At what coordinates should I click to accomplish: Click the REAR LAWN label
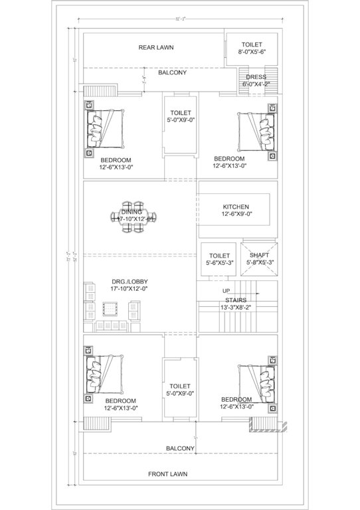pyautogui.click(x=156, y=47)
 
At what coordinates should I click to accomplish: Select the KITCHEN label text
pyautogui.click(x=236, y=207)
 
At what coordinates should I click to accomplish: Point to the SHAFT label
pyautogui.click(x=259, y=255)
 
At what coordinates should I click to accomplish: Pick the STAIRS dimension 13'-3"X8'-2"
pyautogui.click(x=236, y=307)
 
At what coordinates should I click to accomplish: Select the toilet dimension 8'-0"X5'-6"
pyautogui.click(x=251, y=50)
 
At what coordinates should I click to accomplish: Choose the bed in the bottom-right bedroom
pyautogui.click(x=258, y=384)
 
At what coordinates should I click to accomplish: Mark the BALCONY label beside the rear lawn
pyautogui.click(x=172, y=73)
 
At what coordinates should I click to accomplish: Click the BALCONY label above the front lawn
pyautogui.click(x=179, y=448)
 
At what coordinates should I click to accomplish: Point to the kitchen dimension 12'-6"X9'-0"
pyautogui.click(x=236, y=215)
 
